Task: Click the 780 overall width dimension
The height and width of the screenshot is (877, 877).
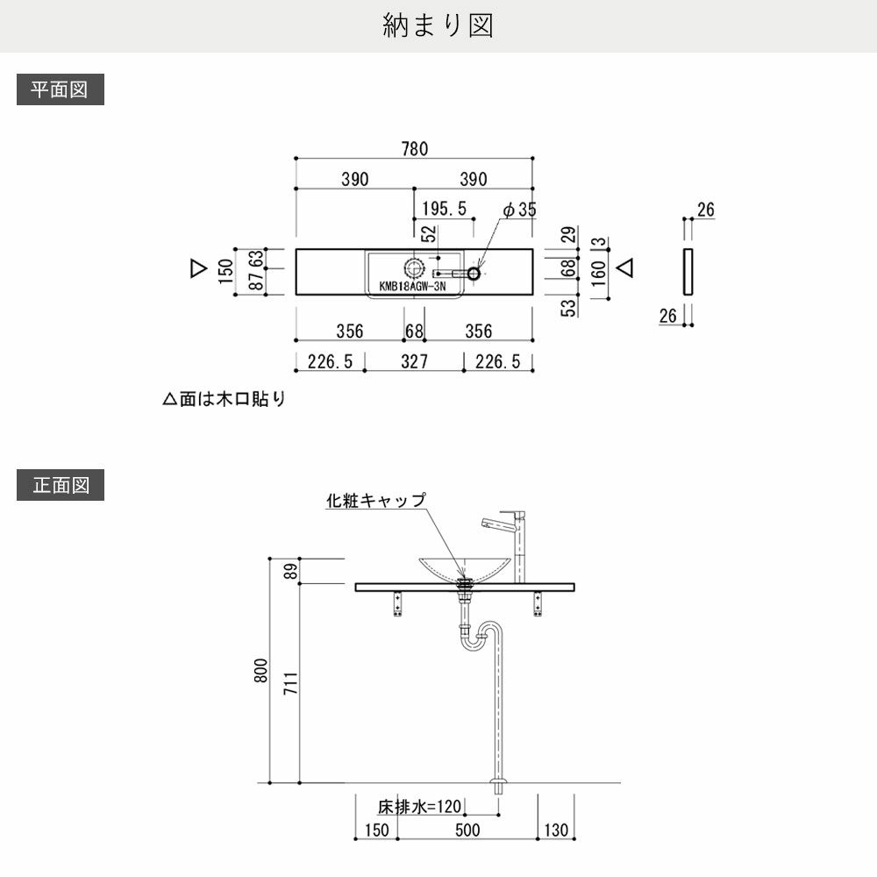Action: (x=415, y=149)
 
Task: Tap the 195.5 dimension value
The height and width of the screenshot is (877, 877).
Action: (x=444, y=209)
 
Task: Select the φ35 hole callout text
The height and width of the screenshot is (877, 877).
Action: (x=519, y=210)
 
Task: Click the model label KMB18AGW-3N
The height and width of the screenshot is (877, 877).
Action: (x=412, y=287)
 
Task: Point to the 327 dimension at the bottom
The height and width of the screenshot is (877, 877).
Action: (x=415, y=361)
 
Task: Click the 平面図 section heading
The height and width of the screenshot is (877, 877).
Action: (x=60, y=89)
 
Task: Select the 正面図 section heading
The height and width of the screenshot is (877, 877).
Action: (x=60, y=485)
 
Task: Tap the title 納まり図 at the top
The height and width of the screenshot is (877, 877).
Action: (x=438, y=25)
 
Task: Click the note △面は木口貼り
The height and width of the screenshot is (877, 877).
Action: (x=225, y=399)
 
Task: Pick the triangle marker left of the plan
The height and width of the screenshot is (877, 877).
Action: (x=198, y=268)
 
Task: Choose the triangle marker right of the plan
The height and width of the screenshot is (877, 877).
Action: (x=624, y=267)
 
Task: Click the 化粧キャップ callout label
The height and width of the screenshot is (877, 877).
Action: (x=376, y=500)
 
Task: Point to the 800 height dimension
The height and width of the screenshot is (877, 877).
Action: (x=260, y=671)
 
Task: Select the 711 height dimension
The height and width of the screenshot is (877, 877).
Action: (x=290, y=683)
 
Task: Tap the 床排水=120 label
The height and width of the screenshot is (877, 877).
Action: (x=419, y=807)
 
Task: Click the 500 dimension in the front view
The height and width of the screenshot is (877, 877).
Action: (x=467, y=830)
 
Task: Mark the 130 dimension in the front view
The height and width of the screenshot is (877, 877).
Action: (x=556, y=830)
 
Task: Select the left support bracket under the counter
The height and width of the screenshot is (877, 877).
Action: (x=397, y=604)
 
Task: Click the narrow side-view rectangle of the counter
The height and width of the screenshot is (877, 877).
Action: (x=688, y=272)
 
